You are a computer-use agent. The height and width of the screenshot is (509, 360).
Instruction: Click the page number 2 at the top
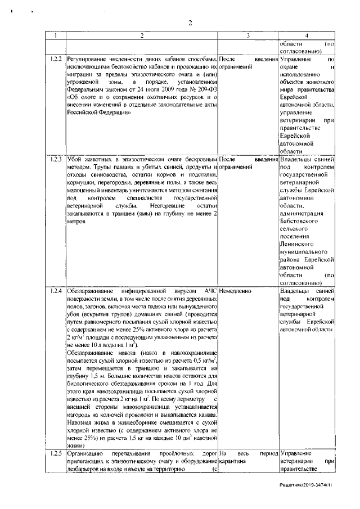pyautogui.click(x=190, y=23)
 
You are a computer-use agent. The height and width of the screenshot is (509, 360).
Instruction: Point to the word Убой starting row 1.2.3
pyautogui.click(x=75, y=160)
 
